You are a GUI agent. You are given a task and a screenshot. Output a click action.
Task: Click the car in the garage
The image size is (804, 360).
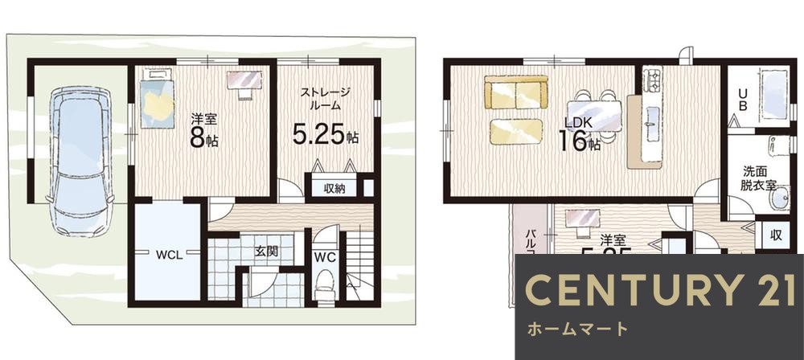[x=77, y=161]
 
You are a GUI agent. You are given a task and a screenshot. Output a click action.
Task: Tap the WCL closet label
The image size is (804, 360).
[x=168, y=256]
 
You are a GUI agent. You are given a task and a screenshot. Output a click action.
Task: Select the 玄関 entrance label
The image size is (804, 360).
[x=267, y=251]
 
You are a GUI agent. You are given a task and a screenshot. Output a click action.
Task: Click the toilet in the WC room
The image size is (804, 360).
[x=326, y=284]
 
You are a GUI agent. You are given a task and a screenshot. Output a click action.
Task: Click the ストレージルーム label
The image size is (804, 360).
[x=325, y=98]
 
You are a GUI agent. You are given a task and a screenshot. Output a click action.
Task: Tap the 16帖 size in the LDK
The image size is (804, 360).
[x=580, y=143]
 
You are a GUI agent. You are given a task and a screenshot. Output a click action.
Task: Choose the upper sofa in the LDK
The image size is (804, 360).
[x=515, y=92]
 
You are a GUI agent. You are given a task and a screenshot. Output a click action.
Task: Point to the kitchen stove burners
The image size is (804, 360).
[x=652, y=80]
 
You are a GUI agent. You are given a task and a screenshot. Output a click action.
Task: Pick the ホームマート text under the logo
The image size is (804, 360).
[x=576, y=329]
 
